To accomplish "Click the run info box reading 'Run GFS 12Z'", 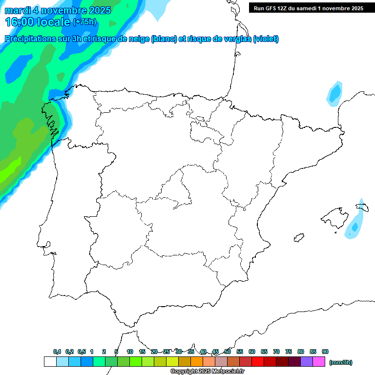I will pos(308,8).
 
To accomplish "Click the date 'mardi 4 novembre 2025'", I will pos(58,10).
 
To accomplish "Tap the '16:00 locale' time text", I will pos(38,21).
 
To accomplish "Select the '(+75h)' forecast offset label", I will pos(84,22).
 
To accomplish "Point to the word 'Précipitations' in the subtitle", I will pos(29,39).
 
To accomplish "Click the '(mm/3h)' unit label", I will pos(341,362).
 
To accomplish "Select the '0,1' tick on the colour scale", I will pos(57,352).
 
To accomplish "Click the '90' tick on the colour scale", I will pos(325,352).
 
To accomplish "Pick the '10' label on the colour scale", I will pos(130,352).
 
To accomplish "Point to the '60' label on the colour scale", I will pos(252,352).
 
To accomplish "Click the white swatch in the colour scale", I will pos(50,362).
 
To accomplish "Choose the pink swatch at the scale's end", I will pos(319,362).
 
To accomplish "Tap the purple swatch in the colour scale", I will pos(307,362).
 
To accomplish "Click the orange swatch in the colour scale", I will pos(197,362).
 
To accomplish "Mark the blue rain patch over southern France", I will pos(334,93).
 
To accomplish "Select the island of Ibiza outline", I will pos(299,238).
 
